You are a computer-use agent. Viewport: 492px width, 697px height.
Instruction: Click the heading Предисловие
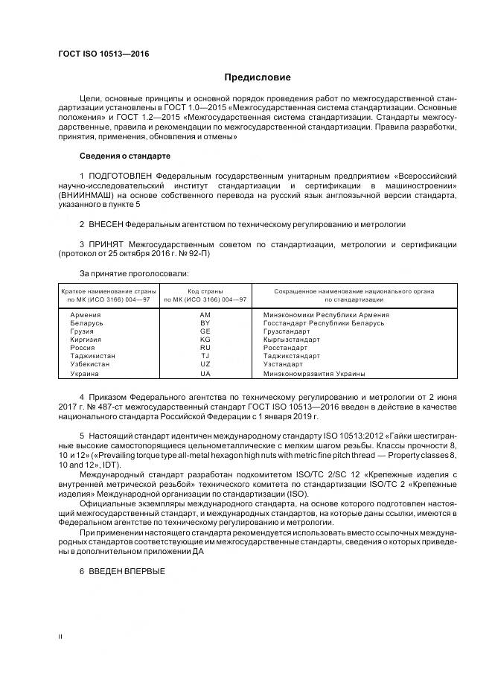[258, 77]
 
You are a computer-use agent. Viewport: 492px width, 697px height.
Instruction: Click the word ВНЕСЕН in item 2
[106, 223]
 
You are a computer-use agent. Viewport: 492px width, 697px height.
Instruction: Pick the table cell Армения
[85, 315]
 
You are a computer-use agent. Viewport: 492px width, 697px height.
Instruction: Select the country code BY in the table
[205, 323]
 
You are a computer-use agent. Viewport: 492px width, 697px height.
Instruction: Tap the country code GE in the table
[205, 331]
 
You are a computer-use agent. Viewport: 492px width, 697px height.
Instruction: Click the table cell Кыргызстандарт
[292, 340]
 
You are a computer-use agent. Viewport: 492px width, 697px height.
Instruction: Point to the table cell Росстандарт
[285, 348]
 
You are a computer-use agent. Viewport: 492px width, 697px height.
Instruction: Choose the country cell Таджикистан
[92, 356]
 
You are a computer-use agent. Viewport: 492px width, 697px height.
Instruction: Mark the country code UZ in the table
[205, 364]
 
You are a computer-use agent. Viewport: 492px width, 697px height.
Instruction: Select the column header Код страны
[205, 291]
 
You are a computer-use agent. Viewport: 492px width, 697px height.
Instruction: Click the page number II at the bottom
[60, 637]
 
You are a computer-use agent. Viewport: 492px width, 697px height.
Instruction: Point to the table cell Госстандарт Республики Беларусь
[324, 323]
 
